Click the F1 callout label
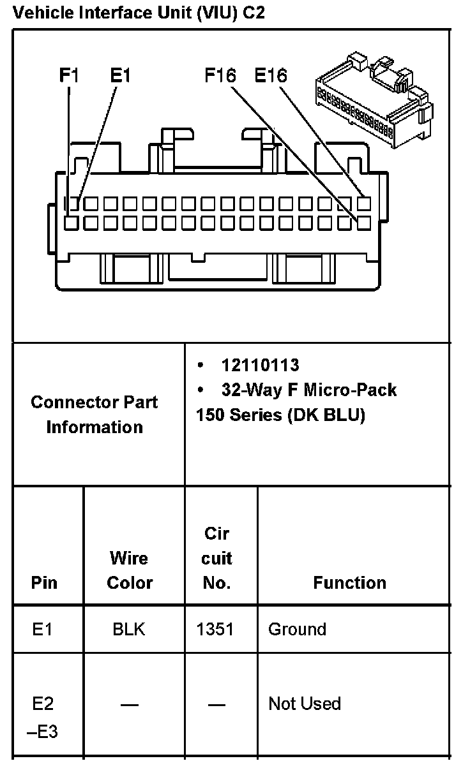click(69, 76)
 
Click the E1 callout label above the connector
click(120, 76)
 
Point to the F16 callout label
click(220, 76)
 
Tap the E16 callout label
click(271, 76)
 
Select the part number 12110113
click(260, 365)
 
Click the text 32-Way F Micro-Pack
click(309, 390)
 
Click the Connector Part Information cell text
click(95, 415)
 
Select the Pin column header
click(44, 582)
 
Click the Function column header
click(349, 582)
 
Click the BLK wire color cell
click(129, 630)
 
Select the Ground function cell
click(297, 630)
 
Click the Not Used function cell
click(305, 704)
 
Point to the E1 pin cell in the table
click(43, 630)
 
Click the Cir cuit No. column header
click(216, 558)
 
